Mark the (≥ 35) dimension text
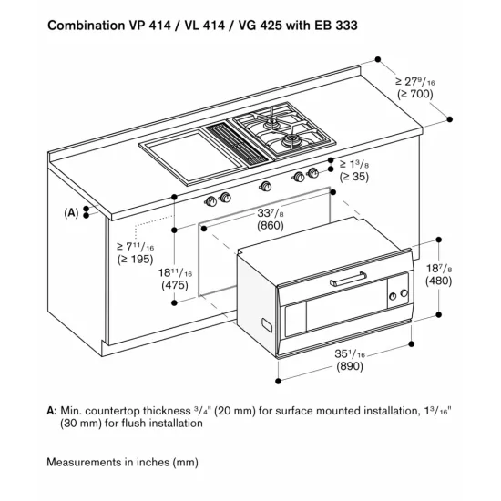click(354, 179)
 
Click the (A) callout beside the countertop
click(70, 211)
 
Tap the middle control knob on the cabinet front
click(265, 187)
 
